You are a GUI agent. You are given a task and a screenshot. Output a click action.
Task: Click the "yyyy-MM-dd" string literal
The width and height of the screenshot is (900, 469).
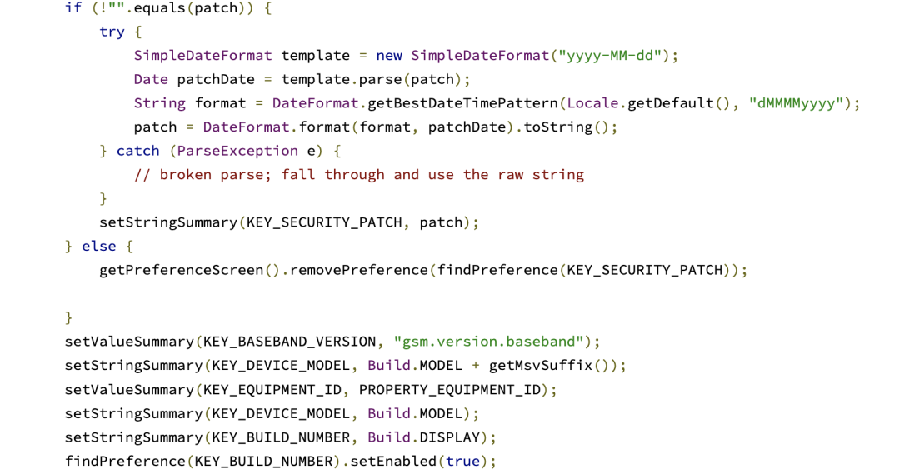coord(611,56)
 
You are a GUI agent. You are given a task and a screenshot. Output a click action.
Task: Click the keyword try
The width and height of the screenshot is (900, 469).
coord(112,32)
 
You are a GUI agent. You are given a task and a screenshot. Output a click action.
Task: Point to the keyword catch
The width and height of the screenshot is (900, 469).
coord(137,151)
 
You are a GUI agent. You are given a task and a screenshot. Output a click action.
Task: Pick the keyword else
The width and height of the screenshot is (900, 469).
coord(99,247)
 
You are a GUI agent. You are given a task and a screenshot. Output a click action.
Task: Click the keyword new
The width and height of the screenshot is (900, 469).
coord(389,56)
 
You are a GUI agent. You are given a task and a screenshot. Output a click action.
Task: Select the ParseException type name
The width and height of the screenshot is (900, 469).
coord(237,151)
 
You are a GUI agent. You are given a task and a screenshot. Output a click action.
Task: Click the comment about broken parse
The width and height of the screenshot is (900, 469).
coord(359,175)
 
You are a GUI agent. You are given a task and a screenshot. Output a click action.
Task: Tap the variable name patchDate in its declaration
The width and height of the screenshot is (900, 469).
coord(216,80)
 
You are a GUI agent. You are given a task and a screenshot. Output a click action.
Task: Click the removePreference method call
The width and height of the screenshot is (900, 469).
coord(359,270)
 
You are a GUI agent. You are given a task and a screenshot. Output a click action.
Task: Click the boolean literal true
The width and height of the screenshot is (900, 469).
coord(462,461)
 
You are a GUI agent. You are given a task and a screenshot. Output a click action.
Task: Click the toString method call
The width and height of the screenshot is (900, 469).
coord(557,127)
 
